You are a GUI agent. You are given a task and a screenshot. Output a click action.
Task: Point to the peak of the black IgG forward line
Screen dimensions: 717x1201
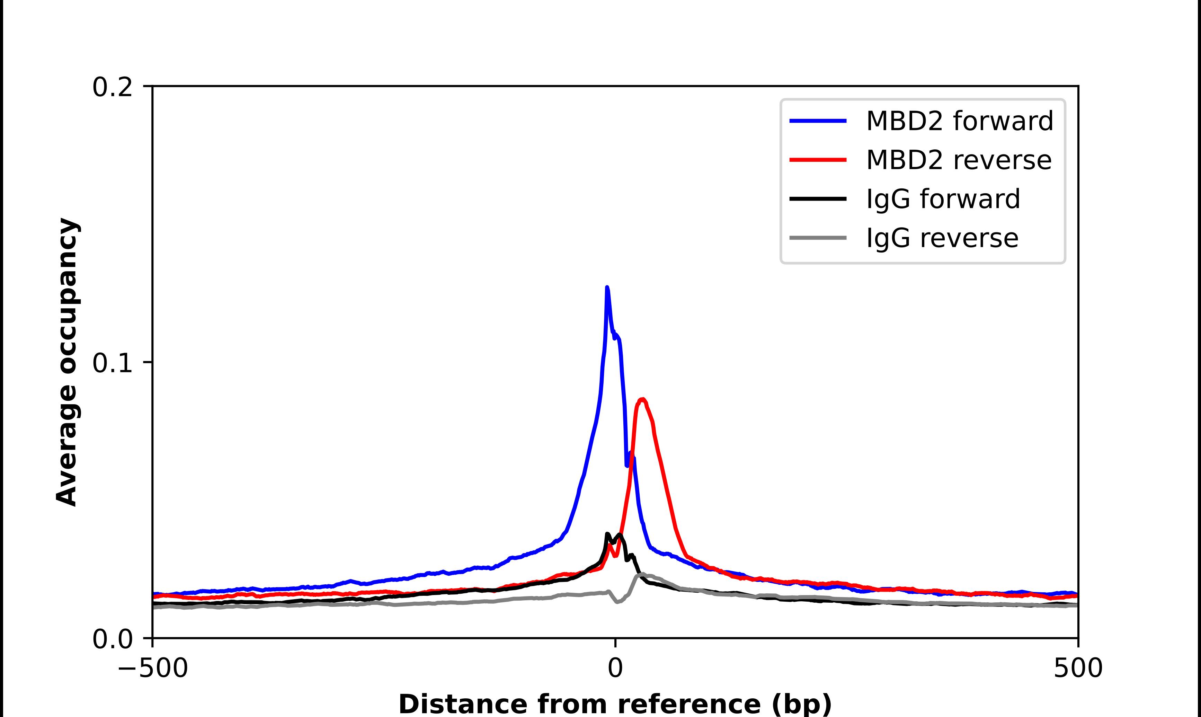607,534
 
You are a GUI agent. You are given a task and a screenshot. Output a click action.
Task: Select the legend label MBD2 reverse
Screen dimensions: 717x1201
959,160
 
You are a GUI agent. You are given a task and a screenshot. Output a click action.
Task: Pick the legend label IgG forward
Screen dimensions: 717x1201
943,199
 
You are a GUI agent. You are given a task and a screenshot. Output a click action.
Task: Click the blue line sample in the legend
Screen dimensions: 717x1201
818,121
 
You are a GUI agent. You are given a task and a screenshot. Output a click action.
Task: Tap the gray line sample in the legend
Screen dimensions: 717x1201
818,238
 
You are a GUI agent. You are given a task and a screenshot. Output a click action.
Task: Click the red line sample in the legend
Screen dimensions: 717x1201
818,159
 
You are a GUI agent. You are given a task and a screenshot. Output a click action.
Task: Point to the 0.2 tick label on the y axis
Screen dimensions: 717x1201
112,87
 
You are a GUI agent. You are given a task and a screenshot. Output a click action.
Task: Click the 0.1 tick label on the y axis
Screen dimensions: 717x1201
112,363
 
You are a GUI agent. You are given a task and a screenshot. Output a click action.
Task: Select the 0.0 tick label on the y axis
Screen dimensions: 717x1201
112,639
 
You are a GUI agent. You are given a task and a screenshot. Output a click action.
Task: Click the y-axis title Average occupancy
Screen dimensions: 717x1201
67,362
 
